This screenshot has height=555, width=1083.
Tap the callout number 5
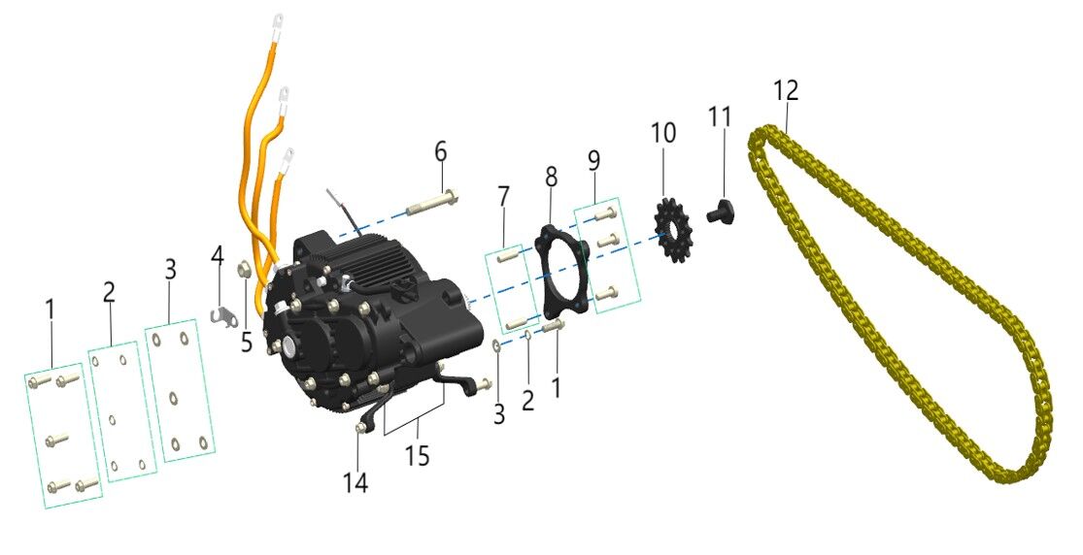[x=247, y=342]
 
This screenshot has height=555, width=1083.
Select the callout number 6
[x=441, y=152]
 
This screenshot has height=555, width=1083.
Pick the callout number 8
[x=551, y=178]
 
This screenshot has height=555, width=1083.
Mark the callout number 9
[x=593, y=161]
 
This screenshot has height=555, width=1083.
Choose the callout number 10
[x=663, y=134]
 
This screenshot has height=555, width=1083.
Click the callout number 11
[x=720, y=116]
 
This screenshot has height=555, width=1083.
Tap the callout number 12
[x=787, y=91]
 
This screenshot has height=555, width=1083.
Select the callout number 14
[x=356, y=481]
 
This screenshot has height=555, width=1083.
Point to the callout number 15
[x=417, y=455]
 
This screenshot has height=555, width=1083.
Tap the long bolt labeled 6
[x=426, y=206]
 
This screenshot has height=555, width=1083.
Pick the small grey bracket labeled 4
[x=225, y=315]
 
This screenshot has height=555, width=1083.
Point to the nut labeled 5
[x=246, y=271]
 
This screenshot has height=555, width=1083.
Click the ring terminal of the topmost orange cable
[x=279, y=17]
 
